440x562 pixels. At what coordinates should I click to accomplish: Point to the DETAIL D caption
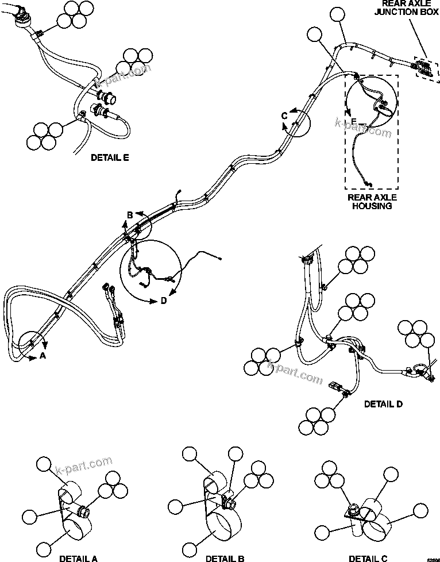(x=383, y=404)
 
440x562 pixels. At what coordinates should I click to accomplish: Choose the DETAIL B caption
(x=225, y=558)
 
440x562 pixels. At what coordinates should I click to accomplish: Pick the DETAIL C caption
(x=368, y=558)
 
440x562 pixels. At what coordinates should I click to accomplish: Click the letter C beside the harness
(x=284, y=116)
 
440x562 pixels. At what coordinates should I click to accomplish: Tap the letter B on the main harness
(x=130, y=215)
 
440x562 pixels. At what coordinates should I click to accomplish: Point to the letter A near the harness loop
(x=42, y=356)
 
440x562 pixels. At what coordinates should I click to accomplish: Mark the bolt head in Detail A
(x=82, y=509)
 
